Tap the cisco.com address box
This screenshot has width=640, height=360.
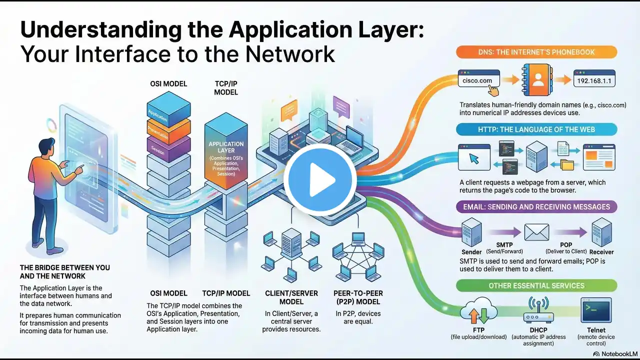tap(478, 80)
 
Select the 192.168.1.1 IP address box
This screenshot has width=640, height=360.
tap(594, 80)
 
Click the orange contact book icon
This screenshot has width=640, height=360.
tap(537, 80)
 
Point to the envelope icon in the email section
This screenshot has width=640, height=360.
tap(536, 232)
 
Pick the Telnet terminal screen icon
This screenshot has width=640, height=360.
tap(596, 311)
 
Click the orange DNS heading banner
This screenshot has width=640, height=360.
tap(536, 52)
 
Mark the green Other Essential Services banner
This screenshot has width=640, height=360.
tap(536, 285)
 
